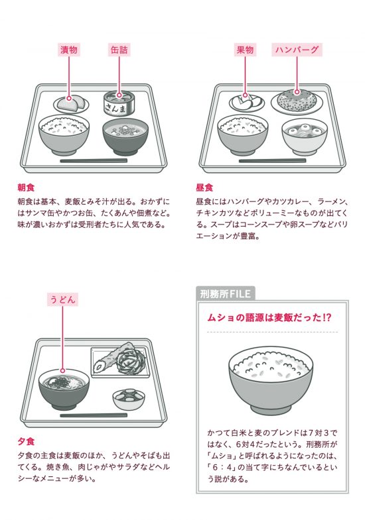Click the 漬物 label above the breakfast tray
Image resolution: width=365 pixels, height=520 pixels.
pos(69,50)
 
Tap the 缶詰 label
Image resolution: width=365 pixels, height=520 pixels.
pos(119,50)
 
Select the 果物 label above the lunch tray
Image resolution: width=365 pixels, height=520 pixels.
pos(245,50)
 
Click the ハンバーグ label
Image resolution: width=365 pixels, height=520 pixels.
pos(297,50)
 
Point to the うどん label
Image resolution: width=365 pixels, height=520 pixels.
pos(63,299)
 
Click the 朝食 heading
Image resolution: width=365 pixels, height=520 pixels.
pos(27,187)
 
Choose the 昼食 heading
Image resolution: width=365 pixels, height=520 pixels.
pos(204,187)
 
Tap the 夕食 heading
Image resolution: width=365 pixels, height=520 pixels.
pos(27,442)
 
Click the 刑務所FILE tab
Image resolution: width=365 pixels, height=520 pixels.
pos(226,294)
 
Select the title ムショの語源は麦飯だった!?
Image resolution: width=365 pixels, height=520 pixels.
pos(269,318)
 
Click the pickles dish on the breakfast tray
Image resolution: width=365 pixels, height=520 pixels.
pos(72,104)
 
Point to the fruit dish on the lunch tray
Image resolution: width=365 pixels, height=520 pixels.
pos(247,103)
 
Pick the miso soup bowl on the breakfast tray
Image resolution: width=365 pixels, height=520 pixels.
pos(125,136)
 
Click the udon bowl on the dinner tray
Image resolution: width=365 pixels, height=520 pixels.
pos(64,390)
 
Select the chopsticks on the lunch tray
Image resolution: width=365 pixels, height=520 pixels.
pos(272,161)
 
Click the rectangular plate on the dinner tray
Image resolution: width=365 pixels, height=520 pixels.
pos(121,362)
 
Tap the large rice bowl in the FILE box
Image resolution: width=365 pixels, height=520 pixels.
pos(271,380)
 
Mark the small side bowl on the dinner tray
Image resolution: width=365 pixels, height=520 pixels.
pos(128,399)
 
